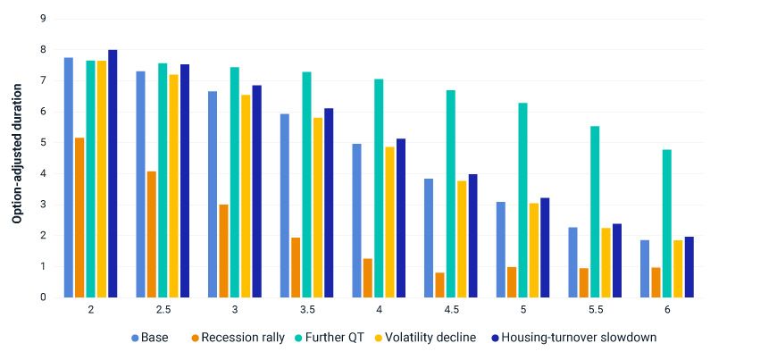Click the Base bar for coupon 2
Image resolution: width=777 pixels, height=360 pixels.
point(69,178)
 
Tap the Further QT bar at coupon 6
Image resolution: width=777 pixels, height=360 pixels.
point(666,223)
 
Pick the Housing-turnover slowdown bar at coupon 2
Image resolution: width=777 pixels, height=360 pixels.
point(113,173)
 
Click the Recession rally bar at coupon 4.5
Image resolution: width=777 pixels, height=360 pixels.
point(439,285)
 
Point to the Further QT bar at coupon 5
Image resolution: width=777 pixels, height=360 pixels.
point(522,200)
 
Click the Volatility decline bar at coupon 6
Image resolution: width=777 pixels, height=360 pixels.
point(677,268)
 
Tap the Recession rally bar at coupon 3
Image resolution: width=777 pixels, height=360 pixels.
point(223,251)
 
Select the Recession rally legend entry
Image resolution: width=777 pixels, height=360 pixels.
point(236,338)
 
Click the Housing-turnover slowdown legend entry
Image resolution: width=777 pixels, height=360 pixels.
point(571,338)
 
